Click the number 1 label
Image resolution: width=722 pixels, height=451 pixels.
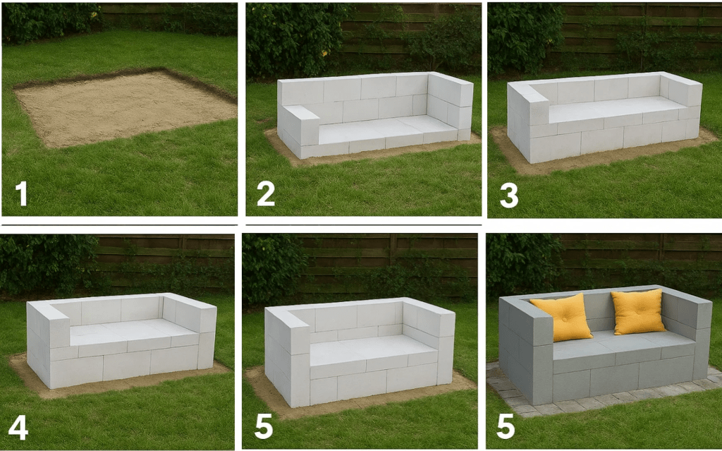pos(21,193)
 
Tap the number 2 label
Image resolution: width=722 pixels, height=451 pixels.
pos(266,193)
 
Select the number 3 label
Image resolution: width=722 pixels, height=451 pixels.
pos(509,195)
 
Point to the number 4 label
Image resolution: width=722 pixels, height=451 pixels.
pos(18,428)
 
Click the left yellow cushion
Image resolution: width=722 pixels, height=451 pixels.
pos(561,318)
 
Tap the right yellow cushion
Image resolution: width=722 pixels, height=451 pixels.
pos(638,312)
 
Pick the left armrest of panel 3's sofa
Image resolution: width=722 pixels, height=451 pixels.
pos(528,121)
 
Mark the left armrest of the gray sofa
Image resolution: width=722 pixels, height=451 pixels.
pos(526,351)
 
